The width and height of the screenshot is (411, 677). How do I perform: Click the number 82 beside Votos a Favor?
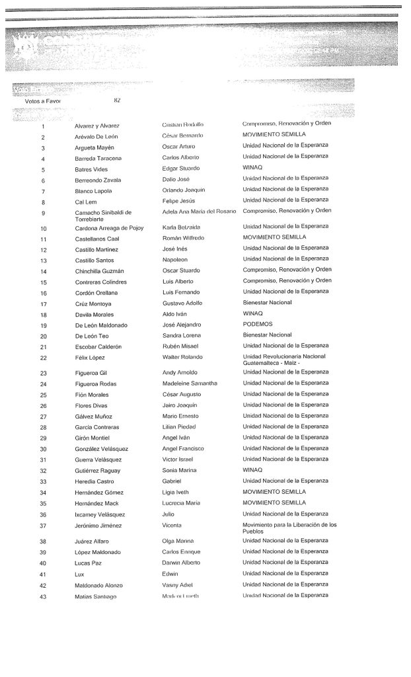tap(117, 100)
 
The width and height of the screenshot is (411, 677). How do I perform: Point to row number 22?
tap(42, 358)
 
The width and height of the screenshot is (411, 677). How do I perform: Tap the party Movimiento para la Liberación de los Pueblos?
tap(289, 528)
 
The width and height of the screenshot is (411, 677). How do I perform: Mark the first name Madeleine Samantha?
tap(190, 383)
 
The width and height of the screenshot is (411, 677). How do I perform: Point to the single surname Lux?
tap(79, 574)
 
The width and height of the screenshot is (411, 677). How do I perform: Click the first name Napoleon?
tap(176, 260)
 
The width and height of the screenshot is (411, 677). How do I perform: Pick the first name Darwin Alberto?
tap(185, 563)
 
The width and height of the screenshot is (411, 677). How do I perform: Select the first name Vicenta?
tap(172, 525)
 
